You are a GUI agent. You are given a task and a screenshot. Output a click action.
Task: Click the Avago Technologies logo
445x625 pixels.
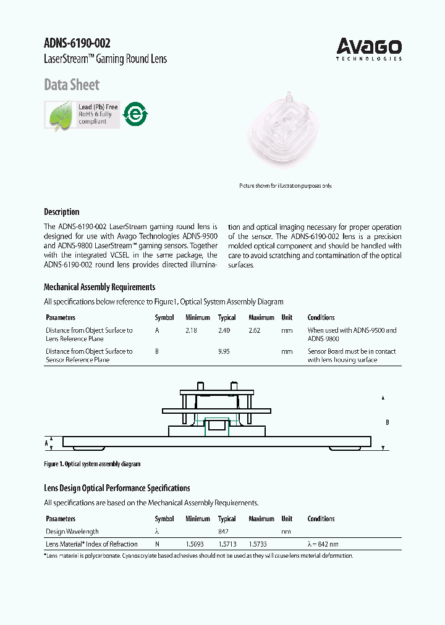click(x=369, y=49)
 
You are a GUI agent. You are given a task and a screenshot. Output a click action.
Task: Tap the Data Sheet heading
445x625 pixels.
click(x=71, y=85)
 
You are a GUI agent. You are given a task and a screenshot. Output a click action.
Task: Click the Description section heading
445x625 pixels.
click(x=61, y=212)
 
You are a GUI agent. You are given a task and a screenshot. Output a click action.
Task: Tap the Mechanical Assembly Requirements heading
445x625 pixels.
click(x=99, y=287)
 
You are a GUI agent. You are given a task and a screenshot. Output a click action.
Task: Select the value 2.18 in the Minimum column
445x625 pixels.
click(x=192, y=330)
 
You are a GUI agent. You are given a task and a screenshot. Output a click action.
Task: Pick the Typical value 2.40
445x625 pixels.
click(x=224, y=330)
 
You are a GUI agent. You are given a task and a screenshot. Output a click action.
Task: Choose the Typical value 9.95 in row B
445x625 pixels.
click(x=224, y=351)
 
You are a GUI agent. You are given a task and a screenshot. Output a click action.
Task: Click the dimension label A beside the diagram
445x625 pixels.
click(x=46, y=443)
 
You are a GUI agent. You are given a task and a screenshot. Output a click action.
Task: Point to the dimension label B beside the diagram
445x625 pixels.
click(x=387, y=422)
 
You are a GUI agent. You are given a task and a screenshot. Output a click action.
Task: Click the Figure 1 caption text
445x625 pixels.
click(x=92, y=464)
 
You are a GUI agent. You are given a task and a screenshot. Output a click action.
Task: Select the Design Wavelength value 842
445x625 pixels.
click(x=224, y=531)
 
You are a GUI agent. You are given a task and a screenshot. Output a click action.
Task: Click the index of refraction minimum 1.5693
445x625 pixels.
click(x=195, y=544)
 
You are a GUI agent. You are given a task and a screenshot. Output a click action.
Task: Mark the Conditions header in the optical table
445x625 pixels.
click(x=321, y=519)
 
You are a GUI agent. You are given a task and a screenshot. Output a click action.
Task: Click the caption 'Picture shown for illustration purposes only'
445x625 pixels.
click(x=286, y=186)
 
